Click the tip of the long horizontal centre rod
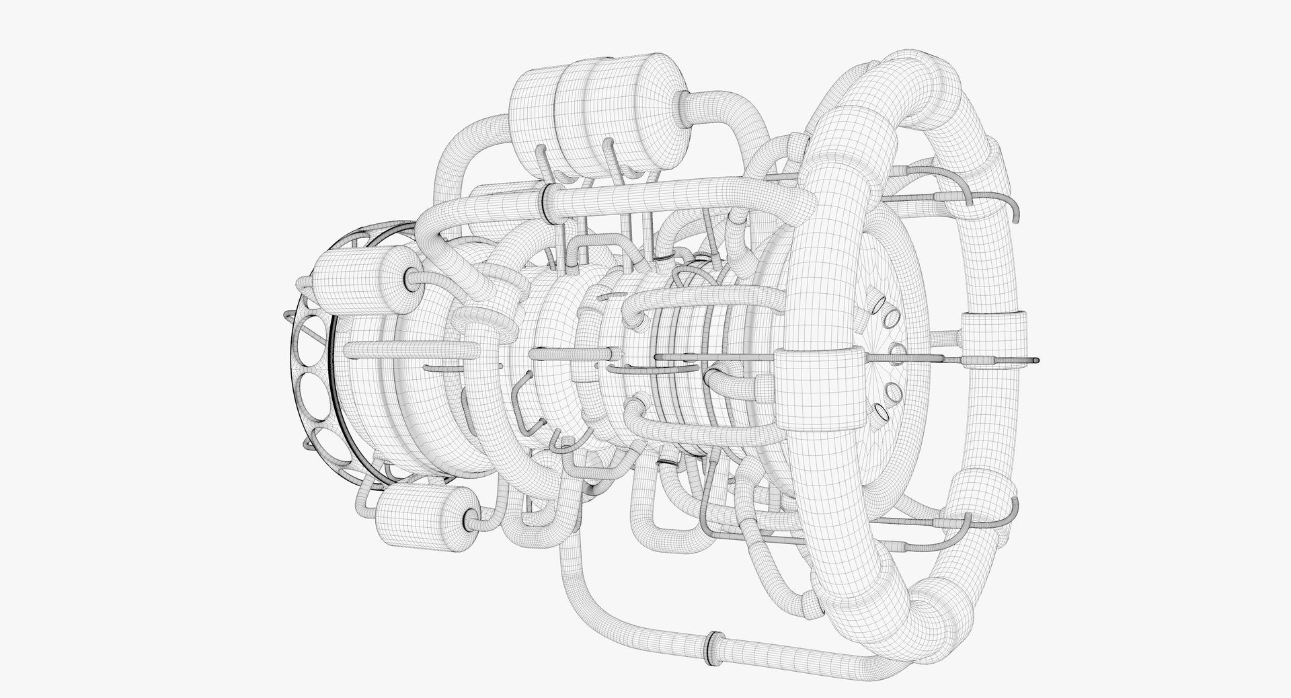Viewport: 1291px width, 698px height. coord(1036,360)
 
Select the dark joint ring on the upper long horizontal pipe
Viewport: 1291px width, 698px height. coord(543,200)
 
